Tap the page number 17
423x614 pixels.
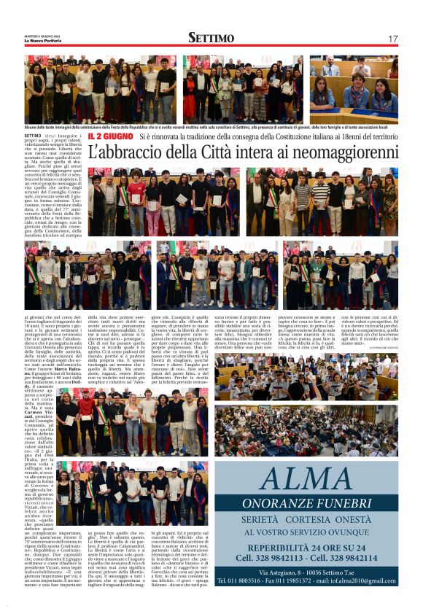(x=392, y=39)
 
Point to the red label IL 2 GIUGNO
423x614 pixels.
(x=109, y=136)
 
